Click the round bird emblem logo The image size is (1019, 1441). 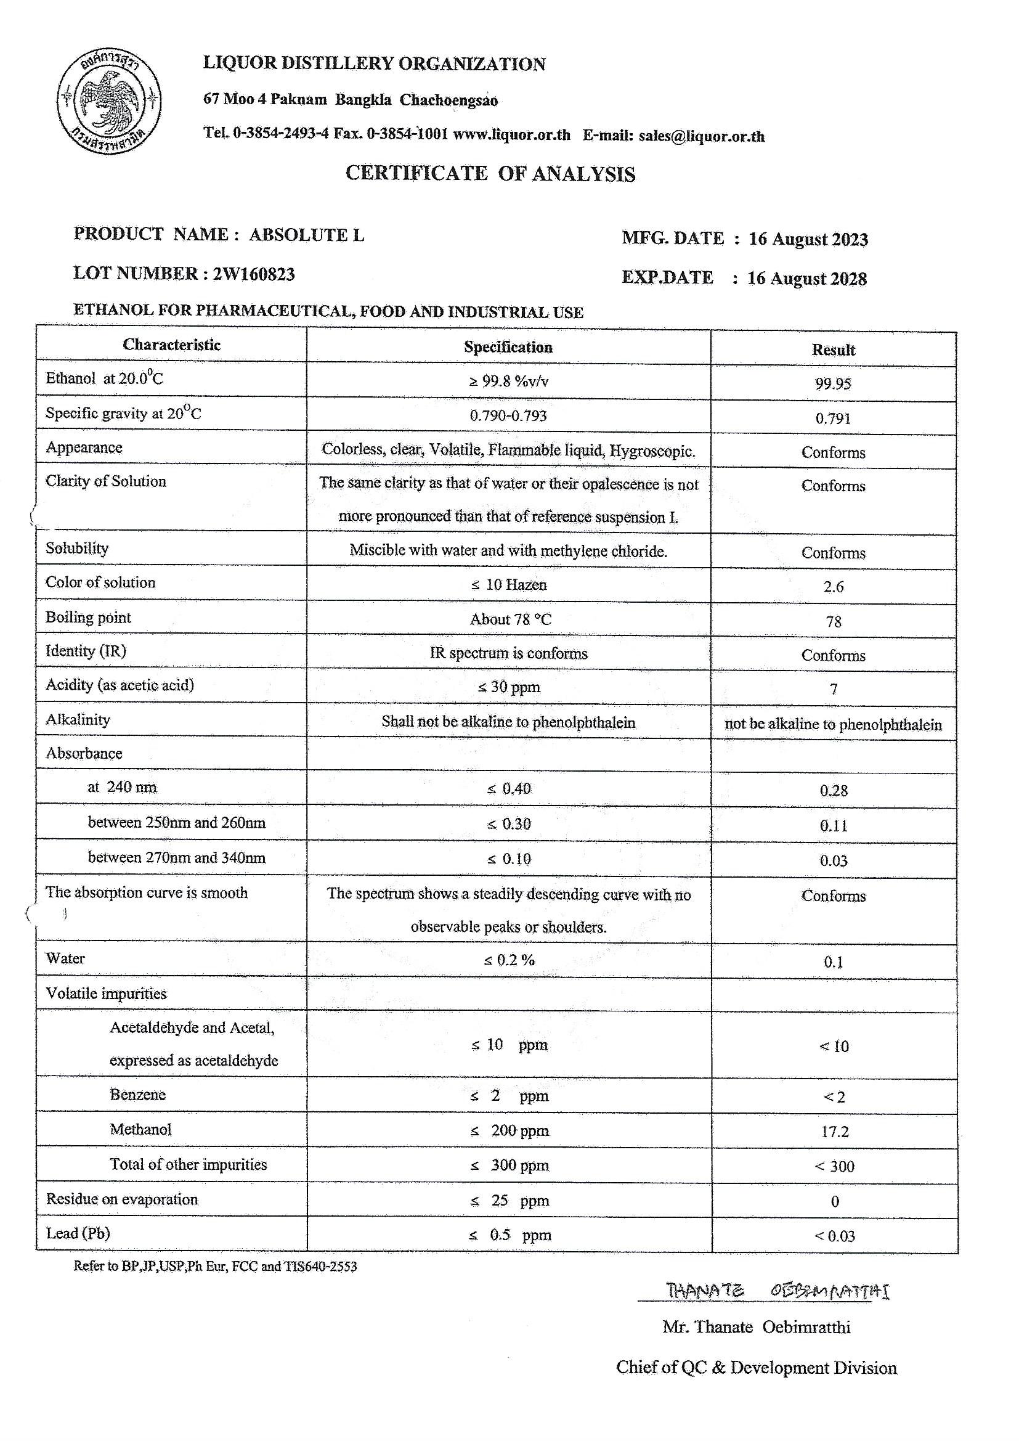coord(109,102)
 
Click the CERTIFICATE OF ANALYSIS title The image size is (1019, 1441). coord(490,174)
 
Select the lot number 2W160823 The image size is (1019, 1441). coord(253,274)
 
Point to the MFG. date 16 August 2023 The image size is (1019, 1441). coord(808,239)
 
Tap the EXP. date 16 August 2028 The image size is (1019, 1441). coord(807,279)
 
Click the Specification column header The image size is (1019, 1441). coord(508,348)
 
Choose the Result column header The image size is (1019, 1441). coord(834,350)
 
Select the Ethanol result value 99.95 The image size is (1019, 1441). coord(834,384)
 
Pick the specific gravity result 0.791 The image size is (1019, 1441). coord(834,418)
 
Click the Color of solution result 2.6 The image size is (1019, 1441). coord(834,587)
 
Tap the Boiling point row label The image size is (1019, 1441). coord(89,618)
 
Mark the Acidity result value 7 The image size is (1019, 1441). coord(834,690)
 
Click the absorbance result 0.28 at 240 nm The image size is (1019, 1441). coord(834,791)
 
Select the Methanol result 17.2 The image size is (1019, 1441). coord(835,1132)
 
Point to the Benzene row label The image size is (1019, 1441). coord(138,1095)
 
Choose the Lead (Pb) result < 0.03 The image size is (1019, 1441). coord(835,1236)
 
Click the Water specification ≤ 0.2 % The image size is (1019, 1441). coord(509,960)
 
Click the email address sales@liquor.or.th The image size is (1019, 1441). coord(702,136)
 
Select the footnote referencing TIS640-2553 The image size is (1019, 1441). coord(215,1267)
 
